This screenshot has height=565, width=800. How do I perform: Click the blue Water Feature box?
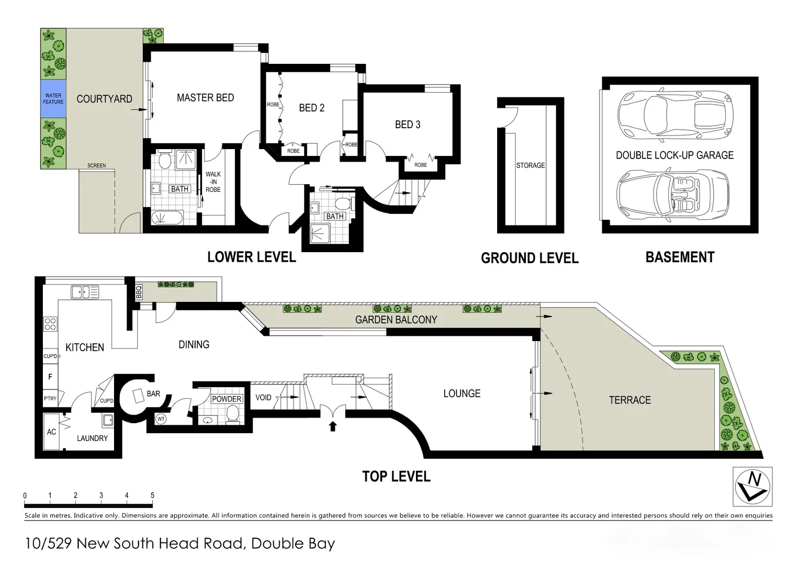click(x=53, y=98)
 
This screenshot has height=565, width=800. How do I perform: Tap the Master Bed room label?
click(x=205, y=98)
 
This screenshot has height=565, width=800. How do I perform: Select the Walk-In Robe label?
click(x=213, y=182)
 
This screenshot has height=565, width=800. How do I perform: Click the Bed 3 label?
click(x=408, y=125)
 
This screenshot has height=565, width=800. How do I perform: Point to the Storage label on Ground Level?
click(x=531, y=165)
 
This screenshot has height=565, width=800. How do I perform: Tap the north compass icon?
click(x=752, y=487)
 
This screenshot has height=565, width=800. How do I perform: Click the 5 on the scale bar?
click(x=152, y=495)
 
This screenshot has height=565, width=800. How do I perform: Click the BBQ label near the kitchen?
click(x=139, y=291)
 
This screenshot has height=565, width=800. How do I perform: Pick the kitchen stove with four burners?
click(x=50, y=324)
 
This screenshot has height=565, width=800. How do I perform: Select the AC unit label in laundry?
click(x=51, y=432)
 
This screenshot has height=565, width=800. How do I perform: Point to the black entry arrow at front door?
click(x=332, y=426)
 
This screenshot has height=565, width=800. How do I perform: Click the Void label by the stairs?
click(x=263, y=398)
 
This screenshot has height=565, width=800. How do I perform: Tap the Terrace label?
click(x=629, y=400)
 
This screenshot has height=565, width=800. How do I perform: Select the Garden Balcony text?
click(x=396, y=320)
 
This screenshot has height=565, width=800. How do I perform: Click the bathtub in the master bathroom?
click(x=167, y=217)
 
